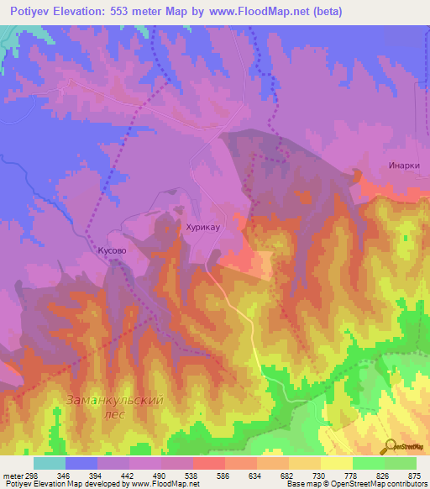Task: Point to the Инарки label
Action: point(404,166)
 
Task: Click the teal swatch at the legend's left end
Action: point(49,463)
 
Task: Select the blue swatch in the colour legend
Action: point(81,463)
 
